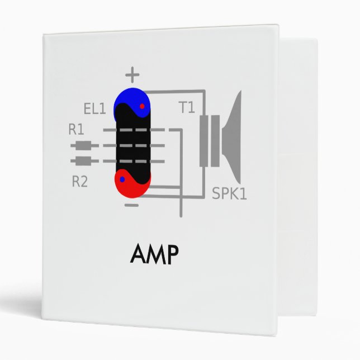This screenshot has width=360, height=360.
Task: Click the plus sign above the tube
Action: pyautogui.click(x=132, y=74)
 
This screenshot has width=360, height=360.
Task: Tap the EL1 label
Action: pyautogui.click(x=94, y=108)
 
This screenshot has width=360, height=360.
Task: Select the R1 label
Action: pyautogui.click(x=77, y=130)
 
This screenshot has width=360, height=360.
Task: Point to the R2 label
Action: pyautogui.click(x=80, y=182)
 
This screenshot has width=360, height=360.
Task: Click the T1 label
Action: pyautogui.click(x=187, y=107)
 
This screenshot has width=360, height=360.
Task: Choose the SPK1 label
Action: pyautogui.click(x=229, y=193)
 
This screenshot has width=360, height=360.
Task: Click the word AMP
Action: pyautogui.click(x=154, y=255)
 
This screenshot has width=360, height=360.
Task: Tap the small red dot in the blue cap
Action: pyautogui.click(x=142, y=106)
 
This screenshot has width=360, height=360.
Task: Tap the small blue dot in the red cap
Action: pyautogui.click(x=122, y=179)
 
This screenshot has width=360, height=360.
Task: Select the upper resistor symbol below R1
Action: pyautogui.click(x=84, y=146)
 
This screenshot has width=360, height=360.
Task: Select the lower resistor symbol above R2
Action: pyautogui.click(x=84, y=162)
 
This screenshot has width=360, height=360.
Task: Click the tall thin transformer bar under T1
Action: pyautogui.click(x=203, y=140)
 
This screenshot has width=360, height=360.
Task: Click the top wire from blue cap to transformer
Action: pyautogui.click(x=176, y=91)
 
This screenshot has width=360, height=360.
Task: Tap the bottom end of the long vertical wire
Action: pyautogui.click(x=180, y=215)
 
